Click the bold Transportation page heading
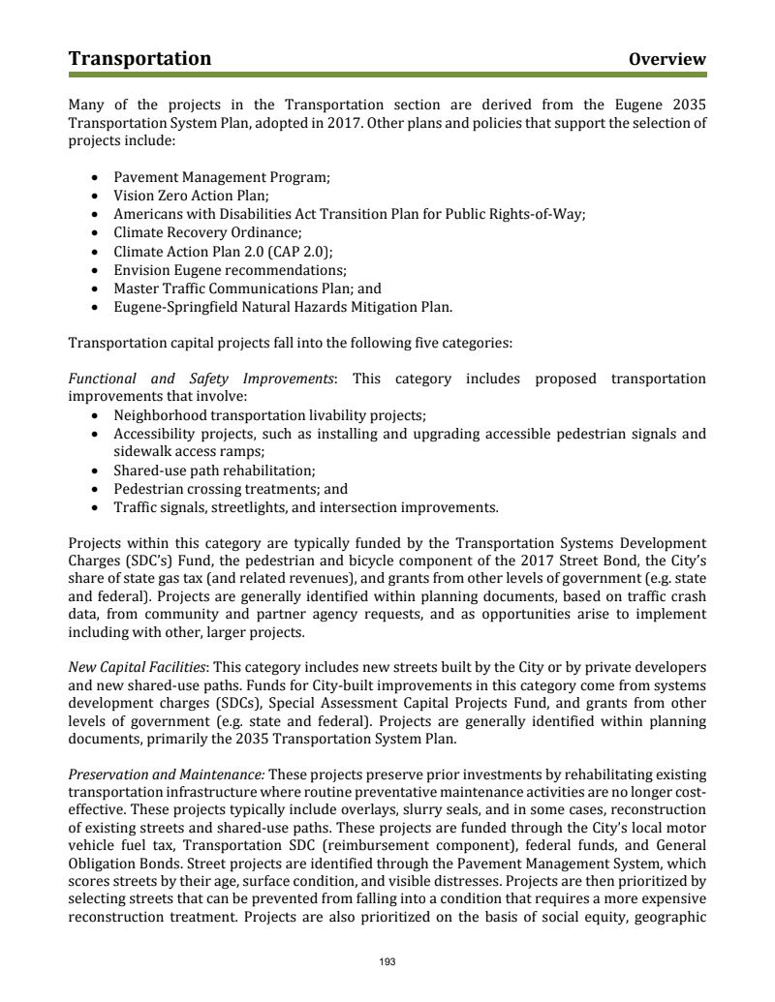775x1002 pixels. pos(139,59)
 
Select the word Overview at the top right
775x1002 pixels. pos(666,60)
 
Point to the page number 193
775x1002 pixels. pos(387,962)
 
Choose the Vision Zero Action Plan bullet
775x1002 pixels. pos(191,196)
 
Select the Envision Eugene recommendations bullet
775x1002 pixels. pos(230,270)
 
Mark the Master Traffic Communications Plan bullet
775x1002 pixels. pos(247,288)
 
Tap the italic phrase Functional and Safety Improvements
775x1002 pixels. pos(201,379)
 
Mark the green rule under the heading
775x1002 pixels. pos(387,74)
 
